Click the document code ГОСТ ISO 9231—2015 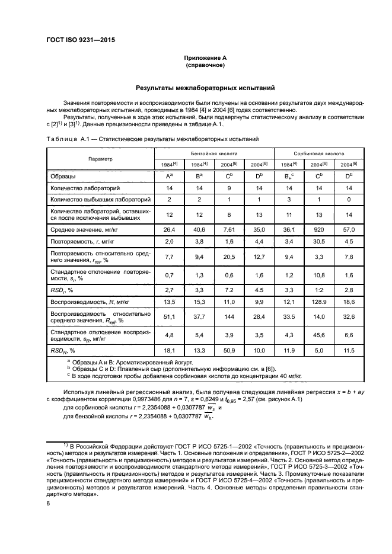point(80,40)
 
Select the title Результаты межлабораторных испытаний point(205,88)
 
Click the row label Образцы point(65,176)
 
